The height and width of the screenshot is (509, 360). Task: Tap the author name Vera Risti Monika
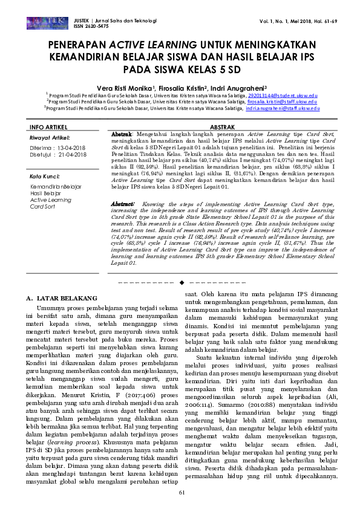coord(130,86)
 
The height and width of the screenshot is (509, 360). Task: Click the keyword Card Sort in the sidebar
coord(42,206)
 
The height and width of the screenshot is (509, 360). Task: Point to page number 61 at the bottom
coord(181,493)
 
